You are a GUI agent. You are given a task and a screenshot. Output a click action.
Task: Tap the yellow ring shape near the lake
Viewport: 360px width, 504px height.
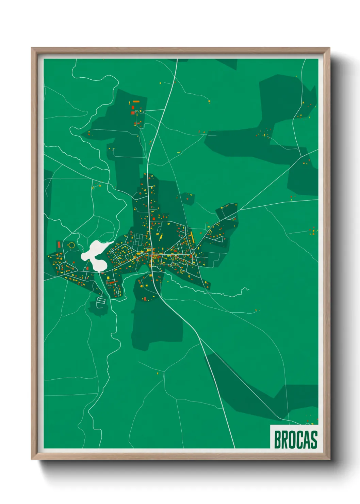[x=71, y=245]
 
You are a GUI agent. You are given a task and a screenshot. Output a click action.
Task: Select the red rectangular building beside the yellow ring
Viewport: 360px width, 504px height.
[x=59, y=245]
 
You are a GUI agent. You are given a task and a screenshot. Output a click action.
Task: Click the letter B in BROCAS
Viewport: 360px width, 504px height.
[x=277, y=440]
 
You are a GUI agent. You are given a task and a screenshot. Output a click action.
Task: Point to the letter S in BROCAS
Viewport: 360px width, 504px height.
[x=314, y=440]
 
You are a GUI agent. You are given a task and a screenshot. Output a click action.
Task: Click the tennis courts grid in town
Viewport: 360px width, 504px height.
[x=139, y=238]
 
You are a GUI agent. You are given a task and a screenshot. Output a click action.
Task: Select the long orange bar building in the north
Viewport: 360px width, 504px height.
[x=136, y=101]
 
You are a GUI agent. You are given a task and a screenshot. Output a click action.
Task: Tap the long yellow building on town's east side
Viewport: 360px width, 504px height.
[x=192, y=236]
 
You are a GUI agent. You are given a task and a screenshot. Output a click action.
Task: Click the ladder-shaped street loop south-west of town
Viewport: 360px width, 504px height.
[x=100, y=302]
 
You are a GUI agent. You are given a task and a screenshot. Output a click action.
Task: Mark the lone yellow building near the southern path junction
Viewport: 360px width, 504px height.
[x=158, y=374]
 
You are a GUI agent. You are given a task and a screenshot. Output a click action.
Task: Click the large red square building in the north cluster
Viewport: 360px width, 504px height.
[x=133, y=112]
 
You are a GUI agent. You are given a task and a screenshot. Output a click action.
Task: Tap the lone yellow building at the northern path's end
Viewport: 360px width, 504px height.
[x=161, y=82]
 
